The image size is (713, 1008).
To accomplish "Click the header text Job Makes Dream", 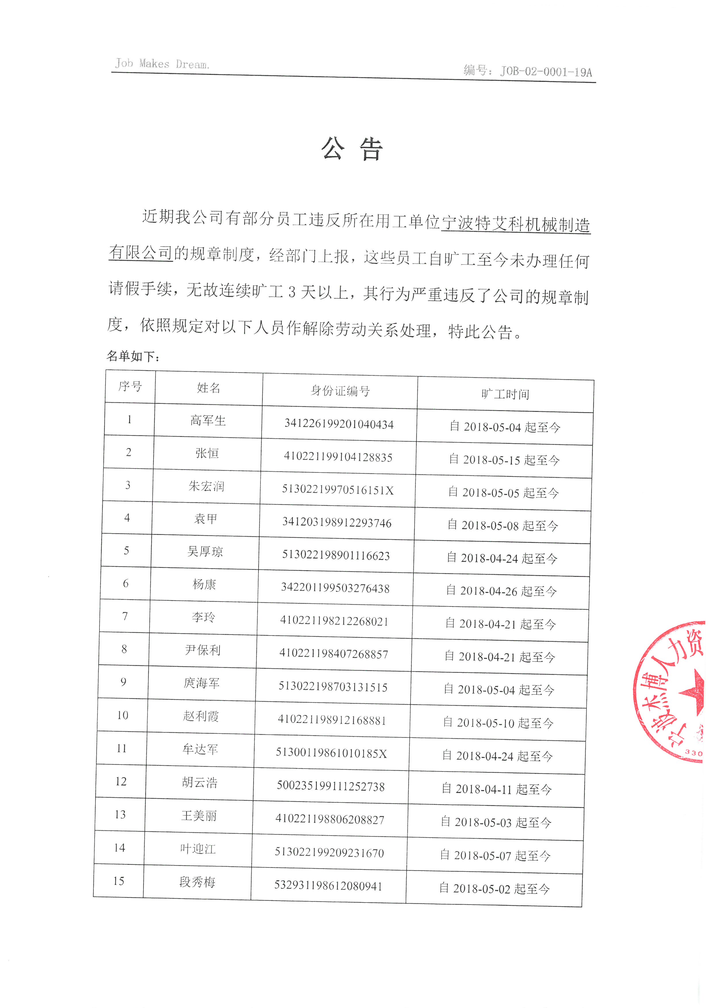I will click(162, 64).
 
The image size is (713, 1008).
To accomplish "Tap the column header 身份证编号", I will click(340, 390).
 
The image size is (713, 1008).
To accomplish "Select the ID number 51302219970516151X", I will click(337, 490).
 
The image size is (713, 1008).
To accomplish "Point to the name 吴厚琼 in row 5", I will click(205, 551).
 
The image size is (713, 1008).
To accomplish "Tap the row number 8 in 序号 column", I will click(124, 649).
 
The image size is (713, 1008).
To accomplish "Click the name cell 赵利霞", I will click(201, 716).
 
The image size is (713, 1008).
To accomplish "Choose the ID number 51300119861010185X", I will click(331, 753).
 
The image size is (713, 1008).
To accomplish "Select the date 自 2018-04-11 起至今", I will click(497, 789).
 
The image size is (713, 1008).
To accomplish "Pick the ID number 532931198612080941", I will click(328, 886).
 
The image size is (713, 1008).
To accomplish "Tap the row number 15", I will click(118, 881).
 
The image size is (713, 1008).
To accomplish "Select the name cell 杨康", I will click(204, 584).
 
